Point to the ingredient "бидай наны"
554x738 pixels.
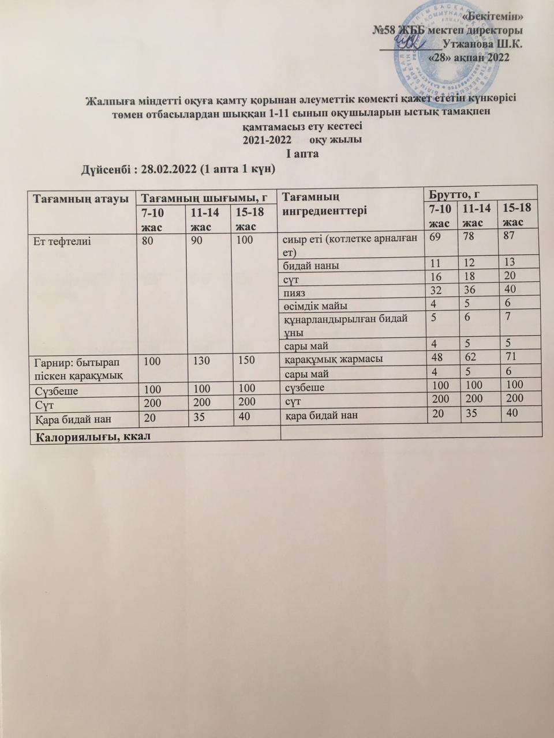[x=310, y=265]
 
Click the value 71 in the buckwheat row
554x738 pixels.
[x=508, y=357]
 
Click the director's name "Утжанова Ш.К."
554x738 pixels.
[x=482, y=43]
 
